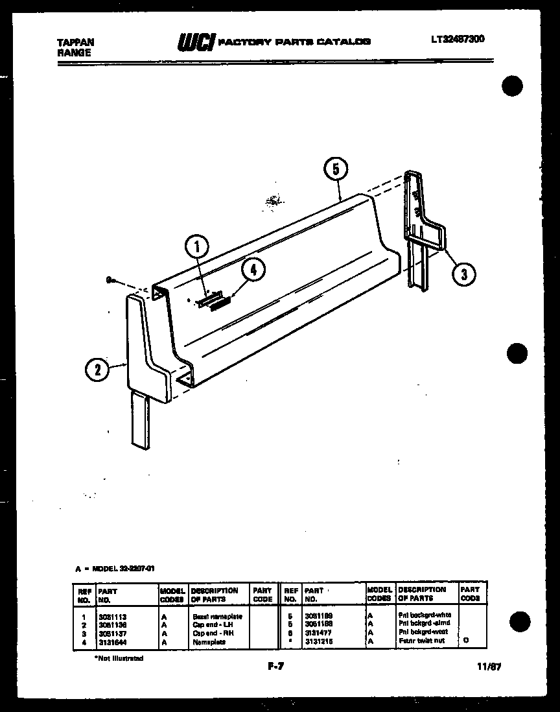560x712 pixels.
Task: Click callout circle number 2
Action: (98, 370)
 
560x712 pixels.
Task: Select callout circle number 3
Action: (462, 274)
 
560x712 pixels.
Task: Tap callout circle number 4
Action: (253, 270)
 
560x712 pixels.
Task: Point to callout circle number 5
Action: (335, 170)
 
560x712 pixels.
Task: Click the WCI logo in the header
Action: (196, 42)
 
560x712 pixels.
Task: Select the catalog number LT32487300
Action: (457, 40)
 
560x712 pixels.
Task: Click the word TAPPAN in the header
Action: (76, 42)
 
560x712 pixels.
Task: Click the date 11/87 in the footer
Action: (489, 666)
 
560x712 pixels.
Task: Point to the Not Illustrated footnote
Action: (119, 658)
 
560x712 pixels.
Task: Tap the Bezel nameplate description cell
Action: (217, 616)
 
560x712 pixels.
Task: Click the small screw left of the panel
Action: (111, 281)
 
